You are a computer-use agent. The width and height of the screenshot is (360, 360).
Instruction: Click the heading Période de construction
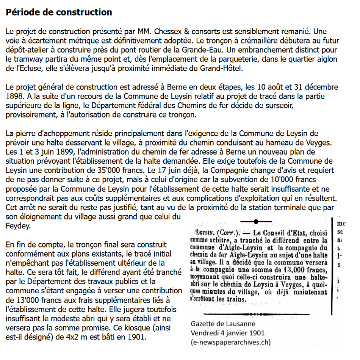[59, 12]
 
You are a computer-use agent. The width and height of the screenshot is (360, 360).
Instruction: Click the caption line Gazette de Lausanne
[223, 324]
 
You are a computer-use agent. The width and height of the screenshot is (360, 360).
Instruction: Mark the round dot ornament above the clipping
[256, 221]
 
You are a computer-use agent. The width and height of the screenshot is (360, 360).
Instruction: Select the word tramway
[24, 59]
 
